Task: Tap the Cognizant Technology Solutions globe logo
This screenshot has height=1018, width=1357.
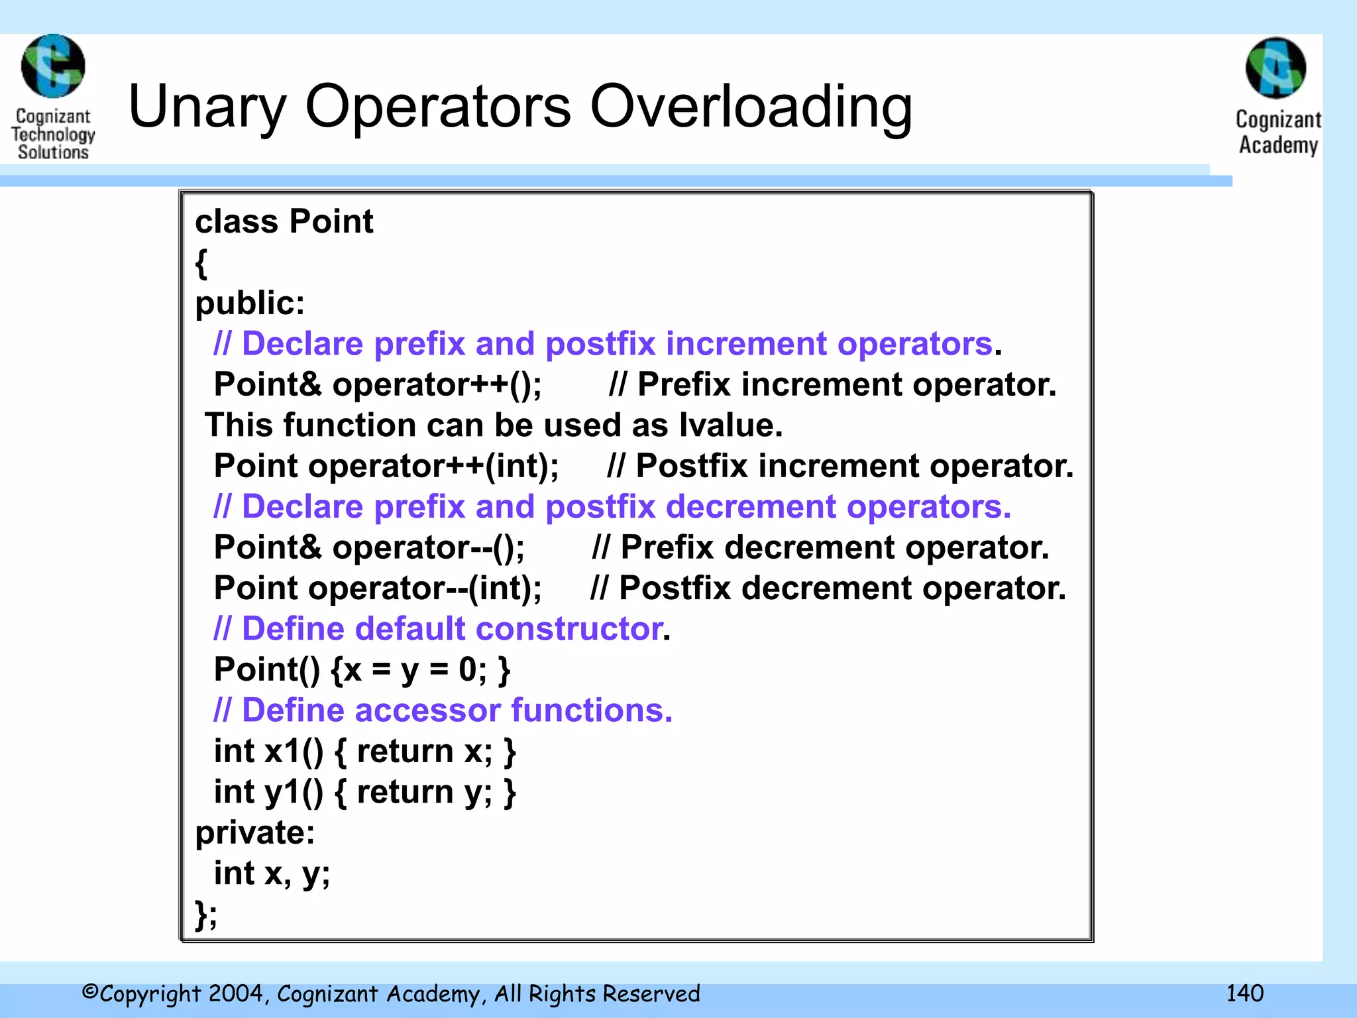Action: (x=53, y=66)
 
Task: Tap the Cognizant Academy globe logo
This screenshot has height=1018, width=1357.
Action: (x=1276, y=68)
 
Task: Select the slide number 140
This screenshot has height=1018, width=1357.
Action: (x=1244, y=993)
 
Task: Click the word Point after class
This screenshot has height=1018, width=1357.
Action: (x=331, y=221)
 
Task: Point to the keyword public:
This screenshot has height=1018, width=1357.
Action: (x=250, y=304)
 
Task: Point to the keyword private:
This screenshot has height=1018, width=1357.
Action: (x=254, y=832)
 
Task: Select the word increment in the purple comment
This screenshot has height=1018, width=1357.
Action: (x=746, y=344)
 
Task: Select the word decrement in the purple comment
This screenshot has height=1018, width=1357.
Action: (x=751, y=507)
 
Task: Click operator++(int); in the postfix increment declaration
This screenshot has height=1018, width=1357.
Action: (x=433, y=466)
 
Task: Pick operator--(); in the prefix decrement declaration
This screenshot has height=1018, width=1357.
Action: (x=428, y=547)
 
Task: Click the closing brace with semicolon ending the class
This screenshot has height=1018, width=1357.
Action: (x=205, y=915)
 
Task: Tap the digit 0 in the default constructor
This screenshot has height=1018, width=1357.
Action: (x=467, y=670)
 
